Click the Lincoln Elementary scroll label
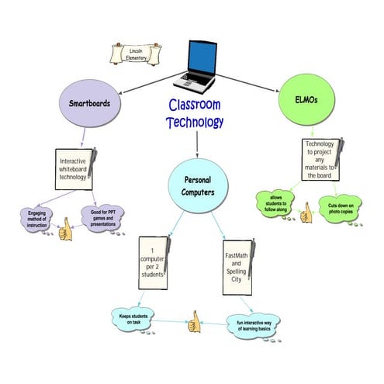point(130,55)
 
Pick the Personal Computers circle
point(197,186)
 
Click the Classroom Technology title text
point(195,113)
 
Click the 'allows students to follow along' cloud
point(278,203)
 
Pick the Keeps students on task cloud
point(140,318)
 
